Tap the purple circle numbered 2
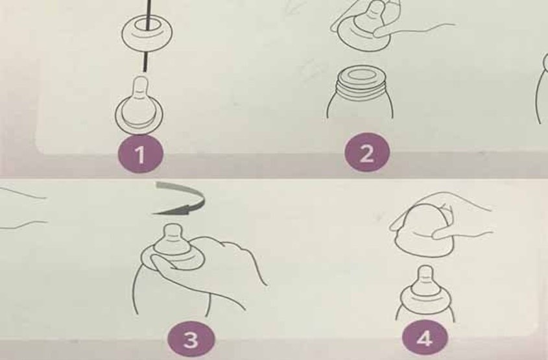click(x=366, y=154)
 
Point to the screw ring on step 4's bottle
click(x=426, y=300)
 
